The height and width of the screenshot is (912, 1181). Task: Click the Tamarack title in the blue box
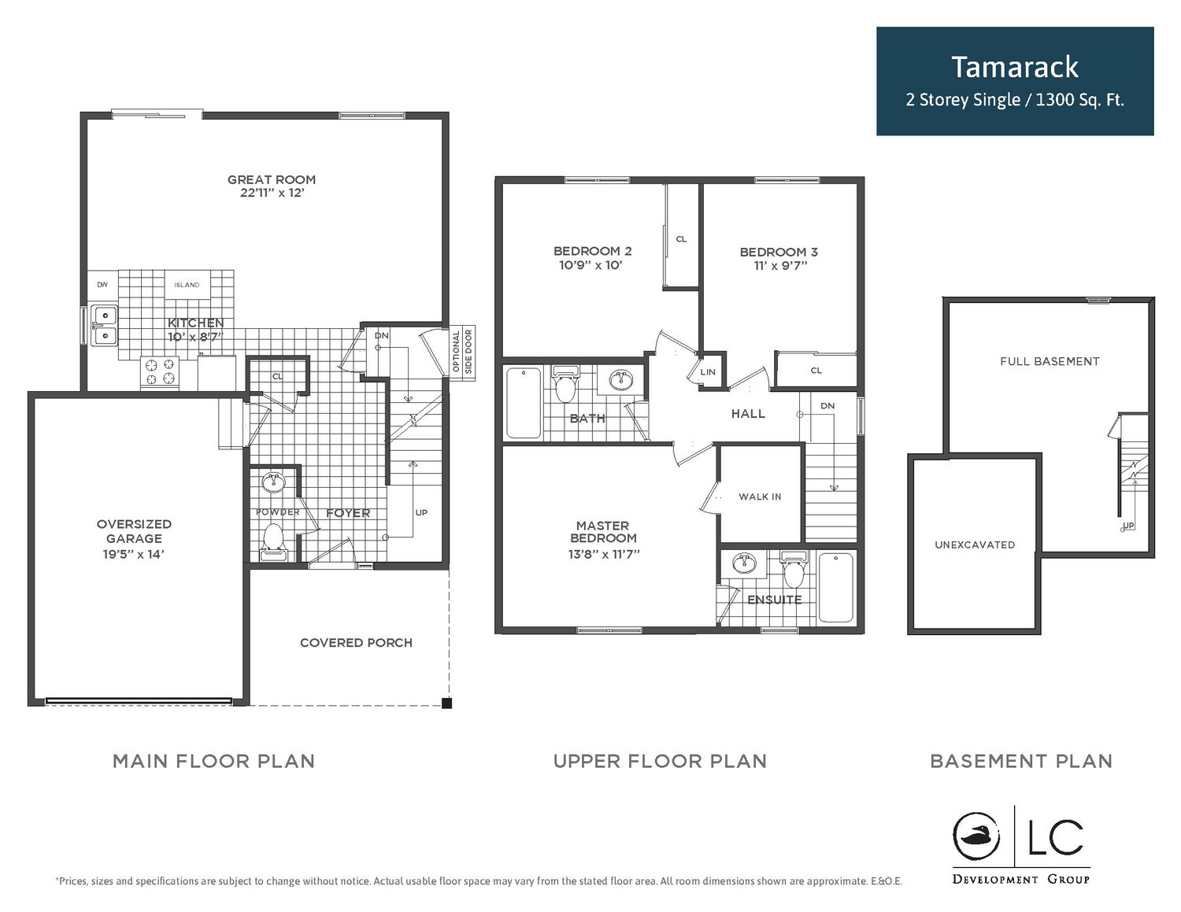coord(1014,68)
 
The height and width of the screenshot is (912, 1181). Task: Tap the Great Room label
coord(271,179)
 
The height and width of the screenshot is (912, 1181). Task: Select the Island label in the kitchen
coord(187,285)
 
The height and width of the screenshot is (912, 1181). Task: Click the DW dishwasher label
coord(102,285)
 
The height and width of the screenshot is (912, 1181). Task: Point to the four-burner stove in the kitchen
coord(160,371)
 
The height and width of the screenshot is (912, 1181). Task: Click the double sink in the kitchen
coord(104,325)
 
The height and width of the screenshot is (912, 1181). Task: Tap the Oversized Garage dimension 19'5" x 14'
coord(134,554)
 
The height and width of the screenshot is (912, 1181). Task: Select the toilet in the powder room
coord(273,541)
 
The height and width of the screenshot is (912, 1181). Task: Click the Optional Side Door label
coord(462,352)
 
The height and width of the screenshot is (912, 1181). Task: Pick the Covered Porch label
coord(356,643)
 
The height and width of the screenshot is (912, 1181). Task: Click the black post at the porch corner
coord(446,704)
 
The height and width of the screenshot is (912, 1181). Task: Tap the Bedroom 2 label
coord(592,251)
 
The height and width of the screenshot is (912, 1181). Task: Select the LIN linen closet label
coord(708,372)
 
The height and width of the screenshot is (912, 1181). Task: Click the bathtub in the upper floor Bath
coord(524,403)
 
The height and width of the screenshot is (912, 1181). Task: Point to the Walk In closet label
coord(760,497)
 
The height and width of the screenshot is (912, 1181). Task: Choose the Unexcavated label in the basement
coord(975,545)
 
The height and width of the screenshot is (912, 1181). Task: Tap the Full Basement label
coord(1050,361)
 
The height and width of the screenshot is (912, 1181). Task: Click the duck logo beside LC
coord(976,837)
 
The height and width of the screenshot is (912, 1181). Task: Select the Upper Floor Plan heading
coord(660,761)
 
